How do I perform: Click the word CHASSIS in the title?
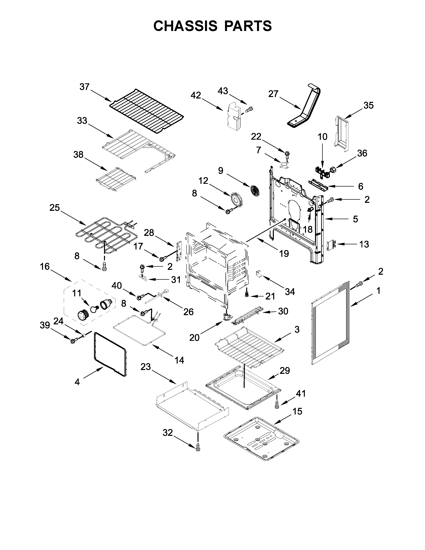click(x=185, y=26)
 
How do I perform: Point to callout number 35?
click(x=368, y=105)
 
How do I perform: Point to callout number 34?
click(x=290, y=292)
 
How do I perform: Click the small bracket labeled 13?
click(x=331, y=245)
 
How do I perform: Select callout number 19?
click(x=284, y=254)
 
